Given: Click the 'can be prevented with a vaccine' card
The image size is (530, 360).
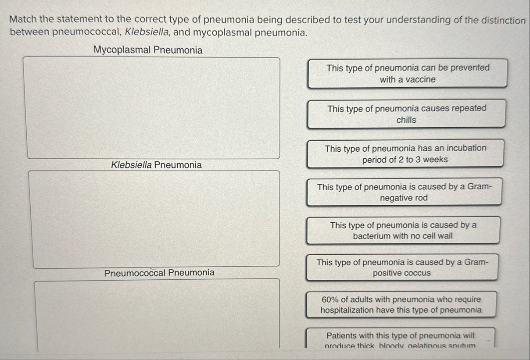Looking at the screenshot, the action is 408,74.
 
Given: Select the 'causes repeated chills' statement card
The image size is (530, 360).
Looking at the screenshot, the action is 406,114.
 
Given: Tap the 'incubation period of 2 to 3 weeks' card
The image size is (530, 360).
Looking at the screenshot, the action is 405,154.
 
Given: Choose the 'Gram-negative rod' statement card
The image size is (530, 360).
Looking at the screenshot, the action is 404,192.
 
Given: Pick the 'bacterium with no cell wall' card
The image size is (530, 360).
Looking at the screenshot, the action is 403,230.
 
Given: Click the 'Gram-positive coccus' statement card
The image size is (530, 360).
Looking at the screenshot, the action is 402,267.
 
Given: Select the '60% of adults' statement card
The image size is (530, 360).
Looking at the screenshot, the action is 401,305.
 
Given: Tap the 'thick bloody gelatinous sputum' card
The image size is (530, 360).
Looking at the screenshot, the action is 400,339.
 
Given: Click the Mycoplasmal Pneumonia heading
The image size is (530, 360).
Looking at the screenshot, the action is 148,50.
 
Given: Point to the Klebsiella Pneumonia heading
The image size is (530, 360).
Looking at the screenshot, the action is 157,165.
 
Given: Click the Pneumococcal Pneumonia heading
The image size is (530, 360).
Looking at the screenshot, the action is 160,273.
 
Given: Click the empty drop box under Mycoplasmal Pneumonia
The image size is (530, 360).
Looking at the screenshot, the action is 154,107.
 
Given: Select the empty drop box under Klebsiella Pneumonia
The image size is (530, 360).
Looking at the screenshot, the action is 154,218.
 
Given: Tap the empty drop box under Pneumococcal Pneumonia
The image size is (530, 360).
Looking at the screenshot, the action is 157,314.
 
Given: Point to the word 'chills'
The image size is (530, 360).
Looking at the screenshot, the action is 406,120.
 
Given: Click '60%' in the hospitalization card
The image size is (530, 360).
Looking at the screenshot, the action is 330,299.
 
